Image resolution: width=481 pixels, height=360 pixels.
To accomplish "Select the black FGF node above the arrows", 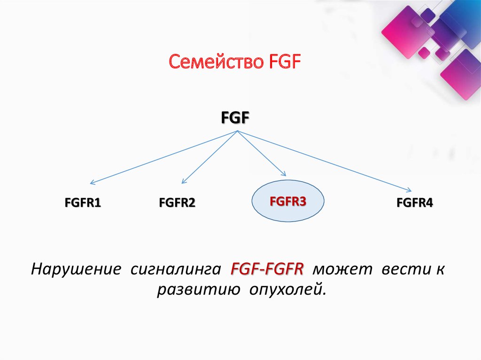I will [x=235, y=117].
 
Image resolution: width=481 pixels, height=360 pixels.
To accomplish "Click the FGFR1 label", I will [x=83, y=203].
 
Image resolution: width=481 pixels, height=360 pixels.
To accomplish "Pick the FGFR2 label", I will [x=177, y=203].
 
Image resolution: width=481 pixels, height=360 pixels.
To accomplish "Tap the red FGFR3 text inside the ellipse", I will [x=288, y=202].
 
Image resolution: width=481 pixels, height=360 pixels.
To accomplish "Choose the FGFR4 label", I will [x=415, y=203].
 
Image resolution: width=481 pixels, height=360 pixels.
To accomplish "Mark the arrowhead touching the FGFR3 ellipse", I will [x=283, y=175].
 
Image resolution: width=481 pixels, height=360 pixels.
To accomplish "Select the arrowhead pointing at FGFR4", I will [x=410, y=190].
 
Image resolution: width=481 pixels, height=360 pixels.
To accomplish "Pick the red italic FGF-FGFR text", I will [x=267, y=270].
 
